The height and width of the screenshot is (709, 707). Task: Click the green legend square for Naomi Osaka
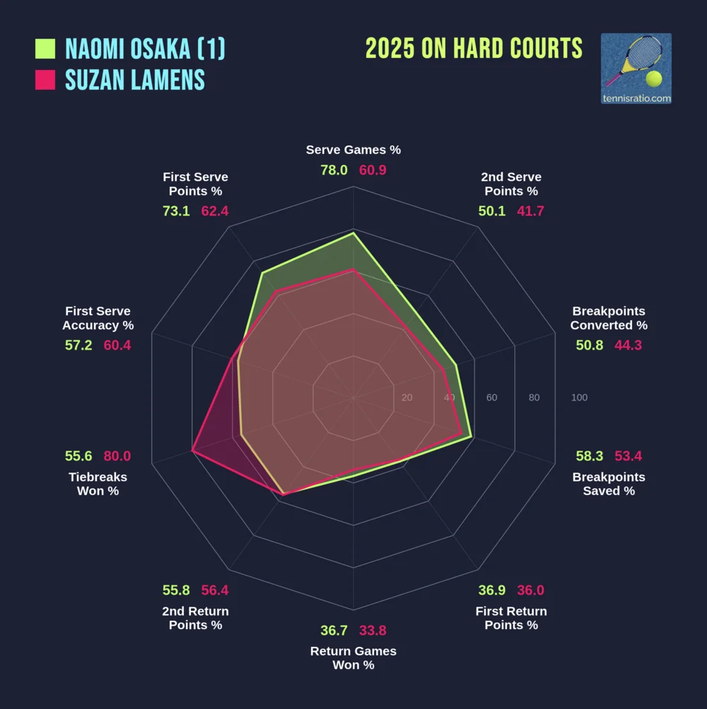(45, 49)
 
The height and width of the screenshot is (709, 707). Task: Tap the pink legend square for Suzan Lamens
(45, 80)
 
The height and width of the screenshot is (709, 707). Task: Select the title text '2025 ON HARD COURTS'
(474, 49)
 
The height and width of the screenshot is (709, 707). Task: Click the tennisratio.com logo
(636, 69)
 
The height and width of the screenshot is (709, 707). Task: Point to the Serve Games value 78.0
(334, 170)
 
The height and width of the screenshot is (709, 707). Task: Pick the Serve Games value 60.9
(373, 170)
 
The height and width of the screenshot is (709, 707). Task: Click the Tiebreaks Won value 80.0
(117, 456)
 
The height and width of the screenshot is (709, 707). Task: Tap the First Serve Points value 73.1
(176, 211)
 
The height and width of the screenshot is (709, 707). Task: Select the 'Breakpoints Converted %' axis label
(609, 318)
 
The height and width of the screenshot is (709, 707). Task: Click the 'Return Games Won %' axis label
(353, 658)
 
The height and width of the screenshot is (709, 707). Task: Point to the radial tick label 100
(579, 398)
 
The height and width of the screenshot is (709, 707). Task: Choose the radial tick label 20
(407, 398)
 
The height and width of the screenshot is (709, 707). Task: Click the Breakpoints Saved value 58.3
(590, 456)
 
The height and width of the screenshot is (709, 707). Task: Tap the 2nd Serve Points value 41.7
(530, 211)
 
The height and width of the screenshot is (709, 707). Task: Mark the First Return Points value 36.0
(530, 590)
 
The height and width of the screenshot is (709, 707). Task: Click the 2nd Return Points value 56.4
(215, 590)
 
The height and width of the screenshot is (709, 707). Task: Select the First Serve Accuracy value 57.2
(78, 345)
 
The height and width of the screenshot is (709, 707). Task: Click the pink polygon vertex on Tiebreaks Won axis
(192, 450)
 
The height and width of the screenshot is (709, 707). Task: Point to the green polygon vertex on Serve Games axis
(353, 232)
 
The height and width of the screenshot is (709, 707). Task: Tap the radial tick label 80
(534, 398)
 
